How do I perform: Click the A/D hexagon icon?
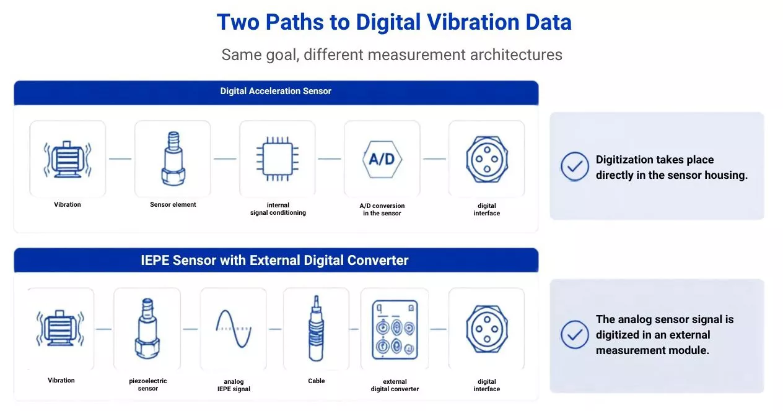382,159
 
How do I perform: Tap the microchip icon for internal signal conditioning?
278,159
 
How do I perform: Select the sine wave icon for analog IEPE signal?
234,329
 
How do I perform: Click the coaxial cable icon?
316,328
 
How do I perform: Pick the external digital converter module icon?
395,329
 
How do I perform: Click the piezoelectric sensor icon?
147,328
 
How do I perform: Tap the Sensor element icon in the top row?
173,158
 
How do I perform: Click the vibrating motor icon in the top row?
68,159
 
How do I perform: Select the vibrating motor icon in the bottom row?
61,328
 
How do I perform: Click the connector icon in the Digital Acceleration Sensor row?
487,159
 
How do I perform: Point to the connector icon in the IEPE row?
487,329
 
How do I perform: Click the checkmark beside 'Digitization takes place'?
575,167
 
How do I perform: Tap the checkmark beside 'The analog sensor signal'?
575,334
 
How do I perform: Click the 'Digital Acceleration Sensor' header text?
276,91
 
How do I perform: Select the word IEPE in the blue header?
155,260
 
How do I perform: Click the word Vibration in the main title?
473,22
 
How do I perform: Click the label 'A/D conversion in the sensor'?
382,209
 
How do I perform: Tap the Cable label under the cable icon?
317,381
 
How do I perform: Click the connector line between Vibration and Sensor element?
120,159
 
